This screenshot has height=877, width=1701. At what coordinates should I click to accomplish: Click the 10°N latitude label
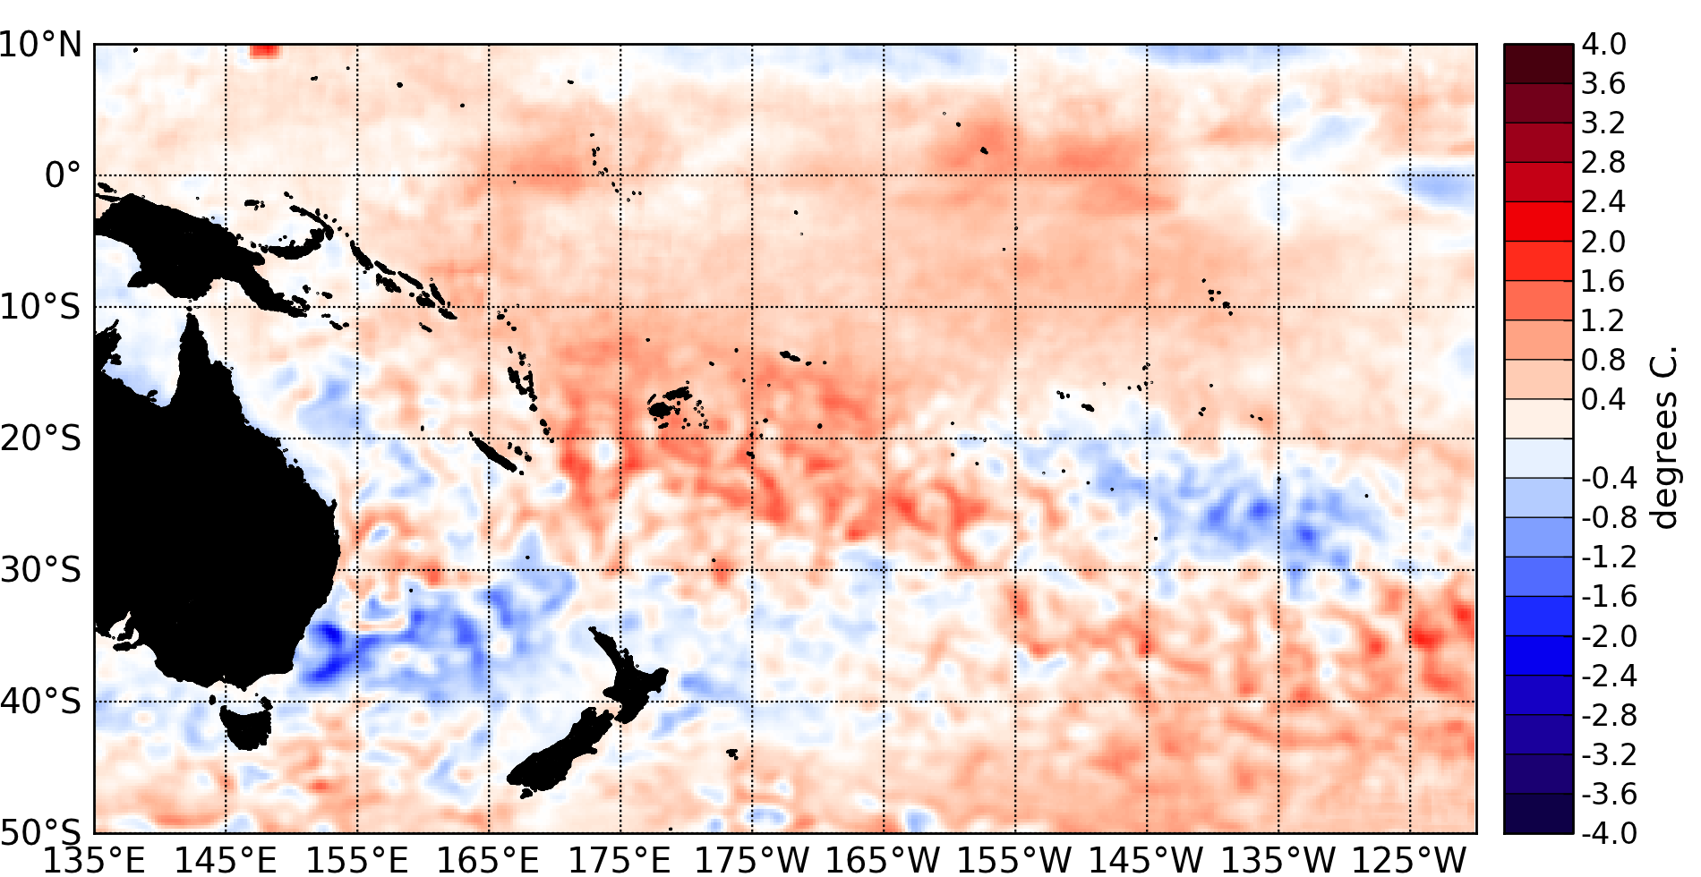coord(41,44)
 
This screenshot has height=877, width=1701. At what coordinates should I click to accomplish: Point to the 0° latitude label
coord(63,175)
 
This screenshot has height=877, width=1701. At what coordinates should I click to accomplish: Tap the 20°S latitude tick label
coord(41,438)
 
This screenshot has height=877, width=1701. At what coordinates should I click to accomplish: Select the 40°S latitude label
coord(41,701)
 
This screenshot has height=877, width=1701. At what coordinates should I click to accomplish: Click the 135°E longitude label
coord(94,860)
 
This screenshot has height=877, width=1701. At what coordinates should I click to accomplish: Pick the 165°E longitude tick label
coord(488,860)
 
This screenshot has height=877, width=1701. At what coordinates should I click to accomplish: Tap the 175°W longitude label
coord(752,860)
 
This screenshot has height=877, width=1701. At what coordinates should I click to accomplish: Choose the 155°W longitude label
coord(1014,860)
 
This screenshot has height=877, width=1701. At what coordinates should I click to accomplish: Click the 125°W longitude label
coord(1409,860)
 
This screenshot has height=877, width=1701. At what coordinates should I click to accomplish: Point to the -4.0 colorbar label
coord(1609,833)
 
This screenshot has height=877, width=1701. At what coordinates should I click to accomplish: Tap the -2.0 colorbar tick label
coord(1609,636)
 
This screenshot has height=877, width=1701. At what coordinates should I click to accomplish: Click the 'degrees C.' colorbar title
coord(1664,438)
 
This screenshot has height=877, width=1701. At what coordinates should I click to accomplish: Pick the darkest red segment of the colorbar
coord(1538,64)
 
